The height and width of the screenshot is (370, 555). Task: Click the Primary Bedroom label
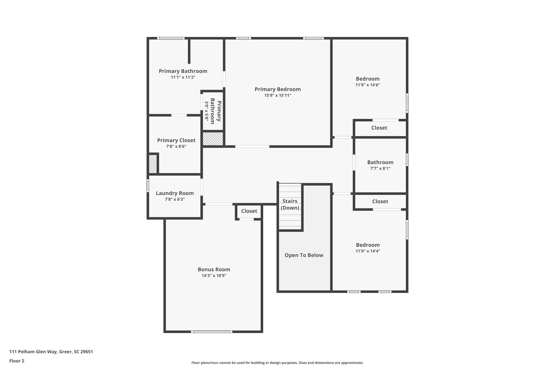point(277,89)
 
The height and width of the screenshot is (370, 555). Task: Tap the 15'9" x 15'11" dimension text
point(277,95)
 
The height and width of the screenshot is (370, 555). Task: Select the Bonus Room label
point(214,269)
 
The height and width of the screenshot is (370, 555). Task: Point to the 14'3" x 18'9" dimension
point(214,276)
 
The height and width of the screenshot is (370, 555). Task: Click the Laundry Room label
point(175,193)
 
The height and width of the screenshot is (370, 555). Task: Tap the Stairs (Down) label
point(290,204)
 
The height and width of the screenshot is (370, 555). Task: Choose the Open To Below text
point(304,255)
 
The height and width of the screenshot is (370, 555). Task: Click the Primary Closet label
point(176,140)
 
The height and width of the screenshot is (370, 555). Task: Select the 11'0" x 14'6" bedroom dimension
point(367,85)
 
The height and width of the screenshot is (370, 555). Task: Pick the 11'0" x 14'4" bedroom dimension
point(367,251)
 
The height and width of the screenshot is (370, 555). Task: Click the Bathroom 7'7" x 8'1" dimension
point(380,168)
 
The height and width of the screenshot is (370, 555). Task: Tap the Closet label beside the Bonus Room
point(249,211)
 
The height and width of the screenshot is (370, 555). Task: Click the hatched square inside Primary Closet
point(153,164)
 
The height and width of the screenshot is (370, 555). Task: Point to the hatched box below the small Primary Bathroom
point(213,139)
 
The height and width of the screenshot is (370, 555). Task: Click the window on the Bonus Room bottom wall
point(212,332)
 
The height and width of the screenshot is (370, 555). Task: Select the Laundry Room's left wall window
point(148,186)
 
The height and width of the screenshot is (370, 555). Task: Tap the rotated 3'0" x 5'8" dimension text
point(206,111)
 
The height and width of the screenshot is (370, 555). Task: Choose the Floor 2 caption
point(17,361)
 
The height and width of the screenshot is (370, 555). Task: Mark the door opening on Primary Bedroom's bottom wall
point(252,147)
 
